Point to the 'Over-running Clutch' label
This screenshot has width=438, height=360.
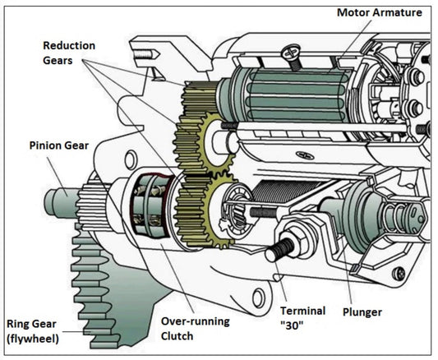[194, 328]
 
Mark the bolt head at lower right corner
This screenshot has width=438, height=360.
[399, 274]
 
